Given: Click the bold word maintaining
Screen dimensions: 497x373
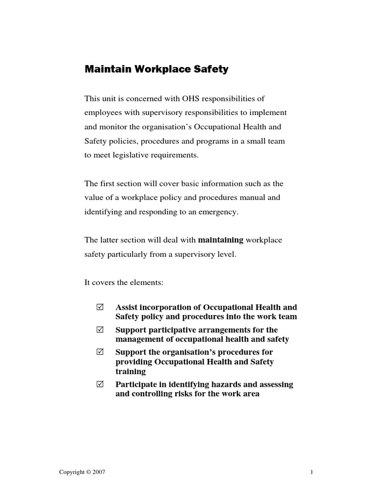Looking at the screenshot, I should (x=220, y=240).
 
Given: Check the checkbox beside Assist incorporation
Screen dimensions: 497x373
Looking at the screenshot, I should (x=101, y=308).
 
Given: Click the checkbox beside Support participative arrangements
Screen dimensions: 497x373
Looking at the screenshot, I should (x=101, y=330).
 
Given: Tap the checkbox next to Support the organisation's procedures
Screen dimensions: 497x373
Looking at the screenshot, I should (x=101, y=352).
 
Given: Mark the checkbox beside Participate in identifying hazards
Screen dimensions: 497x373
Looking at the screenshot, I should (x=101, y=384).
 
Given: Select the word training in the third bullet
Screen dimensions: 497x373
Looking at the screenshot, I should (x=130, y=371).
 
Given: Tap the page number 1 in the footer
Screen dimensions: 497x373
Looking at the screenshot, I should (x=311, y=472).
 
